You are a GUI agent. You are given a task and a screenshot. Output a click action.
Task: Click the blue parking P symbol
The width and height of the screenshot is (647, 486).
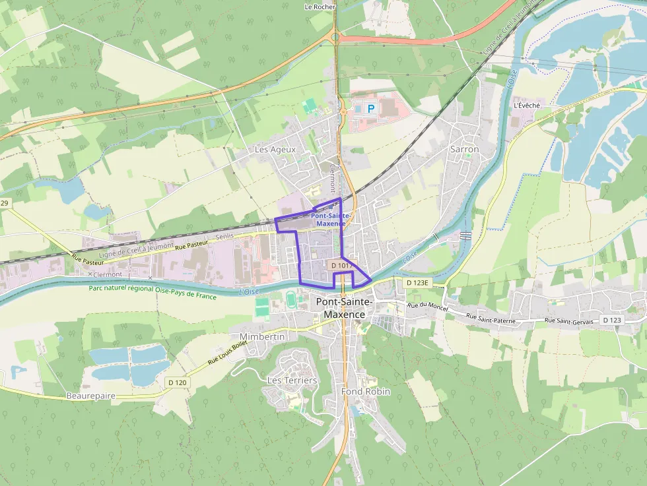click(370, 108)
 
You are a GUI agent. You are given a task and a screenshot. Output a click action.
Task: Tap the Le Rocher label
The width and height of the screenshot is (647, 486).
click(320, 7)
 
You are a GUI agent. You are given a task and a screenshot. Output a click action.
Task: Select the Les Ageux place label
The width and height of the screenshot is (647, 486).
click(275, 150)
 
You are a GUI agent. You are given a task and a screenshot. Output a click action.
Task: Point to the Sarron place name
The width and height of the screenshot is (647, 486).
click(464, 149)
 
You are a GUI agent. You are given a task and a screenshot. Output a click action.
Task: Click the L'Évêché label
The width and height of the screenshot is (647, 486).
click(526, 106)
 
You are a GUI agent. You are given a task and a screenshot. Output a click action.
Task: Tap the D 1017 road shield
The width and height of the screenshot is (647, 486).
click(343, 265)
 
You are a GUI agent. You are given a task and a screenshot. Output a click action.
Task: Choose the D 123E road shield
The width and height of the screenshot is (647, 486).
click(417, 283)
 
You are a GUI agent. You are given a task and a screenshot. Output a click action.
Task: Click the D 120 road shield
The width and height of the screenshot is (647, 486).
click(178, 382)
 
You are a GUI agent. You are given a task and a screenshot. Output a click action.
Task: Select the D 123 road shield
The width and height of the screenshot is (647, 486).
click(612, 320)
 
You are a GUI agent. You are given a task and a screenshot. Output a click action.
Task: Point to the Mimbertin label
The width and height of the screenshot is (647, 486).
click(263, 337)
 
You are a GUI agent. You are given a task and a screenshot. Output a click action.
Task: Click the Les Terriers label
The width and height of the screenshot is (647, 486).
click(292, 380)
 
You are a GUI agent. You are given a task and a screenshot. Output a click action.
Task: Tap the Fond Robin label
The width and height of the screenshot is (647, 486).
click(365, 392)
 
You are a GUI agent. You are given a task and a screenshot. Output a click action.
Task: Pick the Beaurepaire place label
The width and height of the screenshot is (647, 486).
click(91, 396)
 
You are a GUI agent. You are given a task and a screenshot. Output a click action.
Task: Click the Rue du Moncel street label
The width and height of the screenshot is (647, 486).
click(423, 307)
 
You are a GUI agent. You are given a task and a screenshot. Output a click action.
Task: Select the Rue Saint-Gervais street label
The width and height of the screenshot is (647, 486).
click(568, 320)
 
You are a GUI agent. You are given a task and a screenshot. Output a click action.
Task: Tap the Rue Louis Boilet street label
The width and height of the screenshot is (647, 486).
click(226, 353)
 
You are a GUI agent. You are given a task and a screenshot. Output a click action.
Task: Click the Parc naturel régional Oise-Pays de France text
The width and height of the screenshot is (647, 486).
click(153, 292)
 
